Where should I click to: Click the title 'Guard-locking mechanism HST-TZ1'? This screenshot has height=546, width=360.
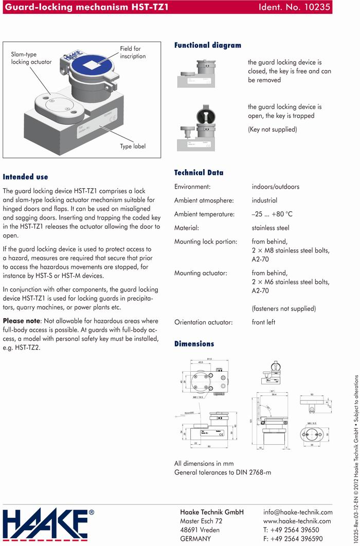coord(86,7)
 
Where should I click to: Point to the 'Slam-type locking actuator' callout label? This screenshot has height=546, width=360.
coord(31,58)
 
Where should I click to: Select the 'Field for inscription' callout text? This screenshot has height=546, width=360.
coord(133,52)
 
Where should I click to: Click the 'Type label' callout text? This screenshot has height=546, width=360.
coord(133,147)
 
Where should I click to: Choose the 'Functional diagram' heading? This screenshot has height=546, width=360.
coord(208,45)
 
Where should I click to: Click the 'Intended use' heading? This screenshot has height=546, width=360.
coord(25,177)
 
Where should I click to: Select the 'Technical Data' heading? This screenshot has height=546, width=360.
coord(199,173)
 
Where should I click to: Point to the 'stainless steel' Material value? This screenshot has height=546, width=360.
coord(271,228)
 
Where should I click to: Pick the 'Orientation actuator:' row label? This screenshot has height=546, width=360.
coord(204,322)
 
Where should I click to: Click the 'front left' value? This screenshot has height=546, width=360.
coord(264,322)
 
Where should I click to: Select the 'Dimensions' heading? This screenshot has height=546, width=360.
coord(194,343)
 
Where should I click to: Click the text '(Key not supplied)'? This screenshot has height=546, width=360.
coord(273,130)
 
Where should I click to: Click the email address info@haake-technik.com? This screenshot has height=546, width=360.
coord(298,512)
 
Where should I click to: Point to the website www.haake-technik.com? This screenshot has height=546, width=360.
coord(297,521)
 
